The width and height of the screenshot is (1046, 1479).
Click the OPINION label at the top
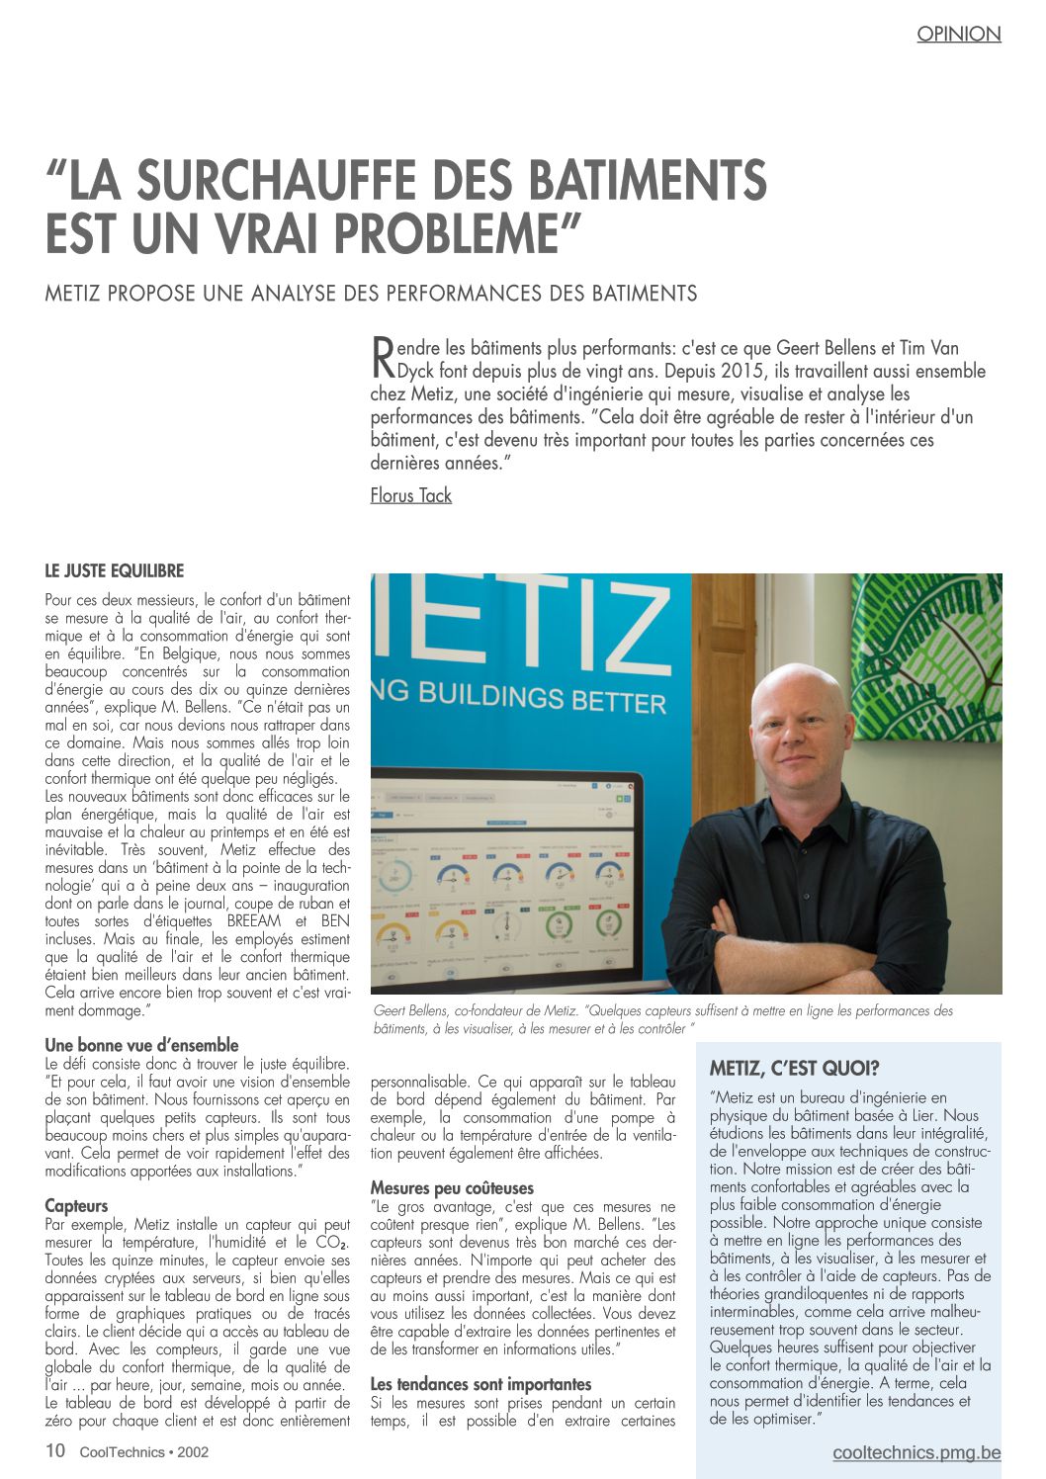[958, 34]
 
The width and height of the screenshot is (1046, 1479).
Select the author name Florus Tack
[410, 495]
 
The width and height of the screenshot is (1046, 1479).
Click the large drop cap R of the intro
[382, 357]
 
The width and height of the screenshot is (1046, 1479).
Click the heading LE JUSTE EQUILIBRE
[115, 571]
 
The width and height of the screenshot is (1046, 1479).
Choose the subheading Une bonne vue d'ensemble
[141, 1045]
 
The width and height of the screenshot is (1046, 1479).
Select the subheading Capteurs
[76, 1206]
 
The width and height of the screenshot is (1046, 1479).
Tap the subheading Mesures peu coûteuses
[452, 1188]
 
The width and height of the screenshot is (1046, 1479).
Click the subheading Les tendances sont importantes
[480, 1384]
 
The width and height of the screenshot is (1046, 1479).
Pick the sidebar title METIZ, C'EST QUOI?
[794, 1068]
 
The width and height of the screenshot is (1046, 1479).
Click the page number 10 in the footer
[55, 1451]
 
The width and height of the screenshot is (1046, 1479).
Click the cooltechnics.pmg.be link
[916, 1452]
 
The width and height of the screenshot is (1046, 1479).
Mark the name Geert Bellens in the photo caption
[410, 1010]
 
